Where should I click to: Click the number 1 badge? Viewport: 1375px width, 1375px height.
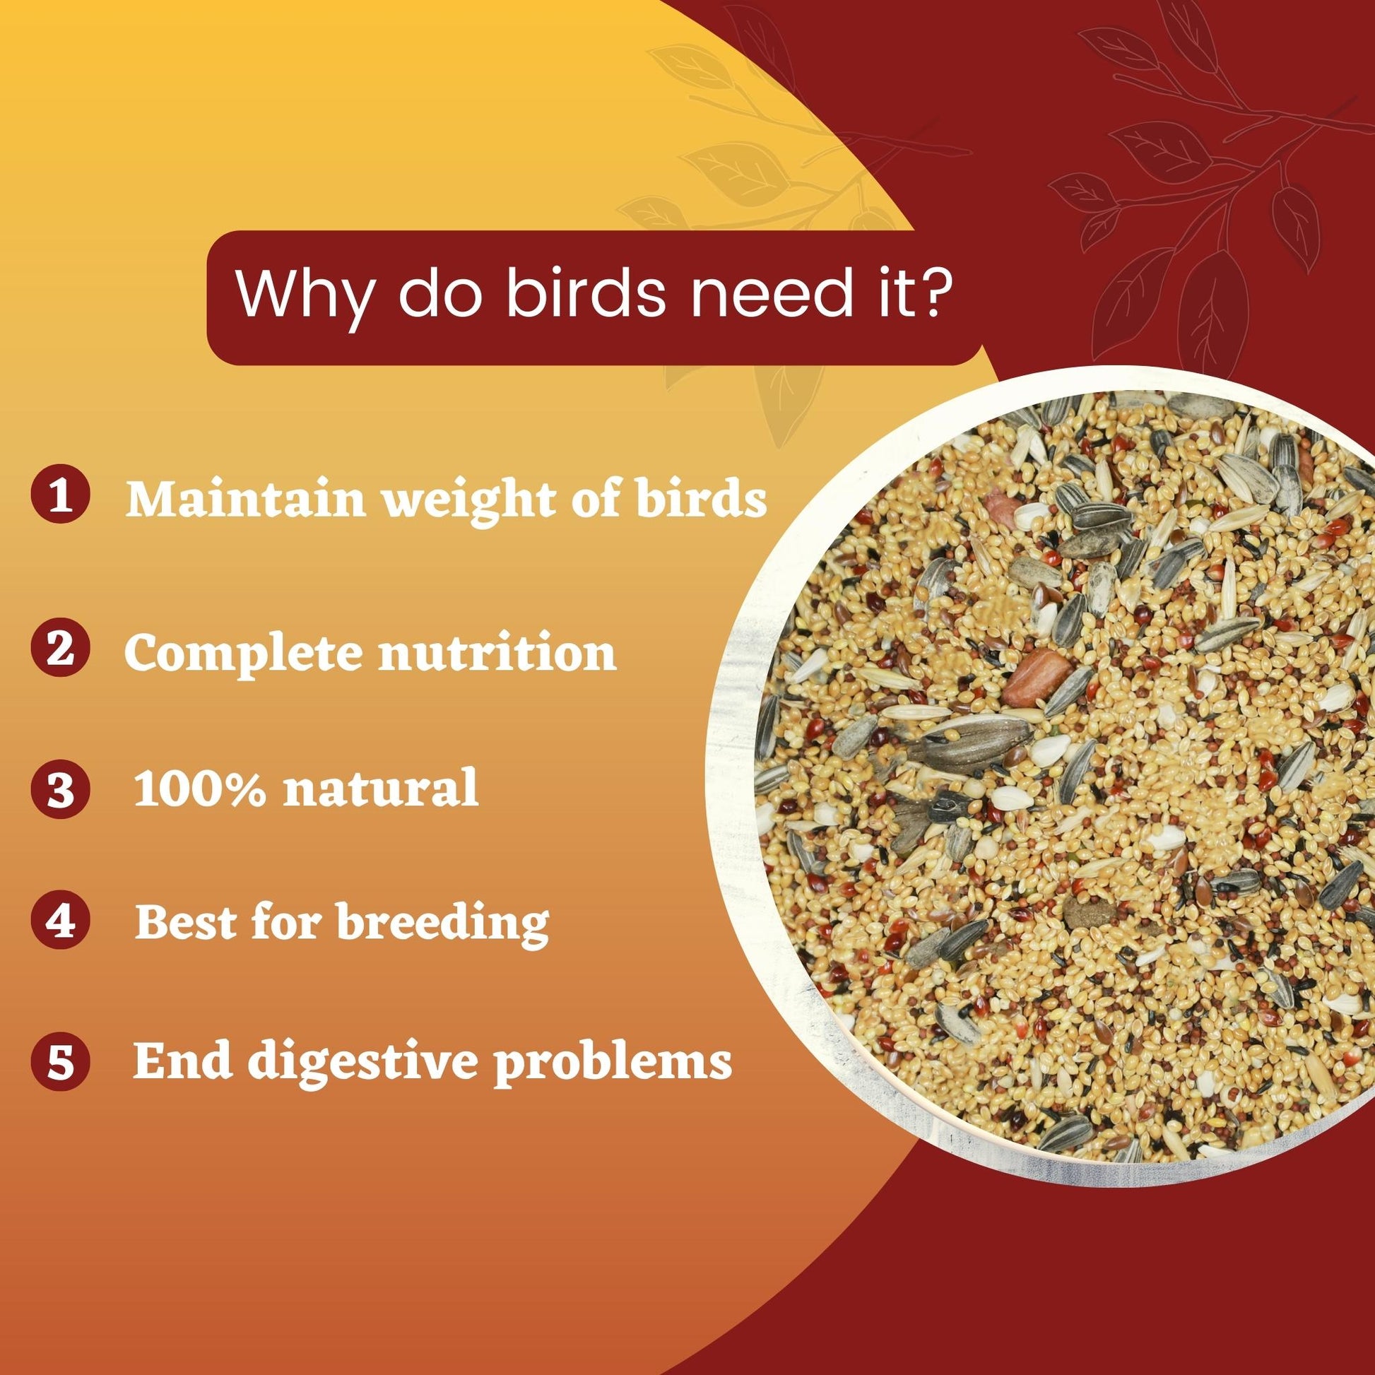click(x=61, y=495)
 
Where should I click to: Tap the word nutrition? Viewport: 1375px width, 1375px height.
click(x=497, y=654)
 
